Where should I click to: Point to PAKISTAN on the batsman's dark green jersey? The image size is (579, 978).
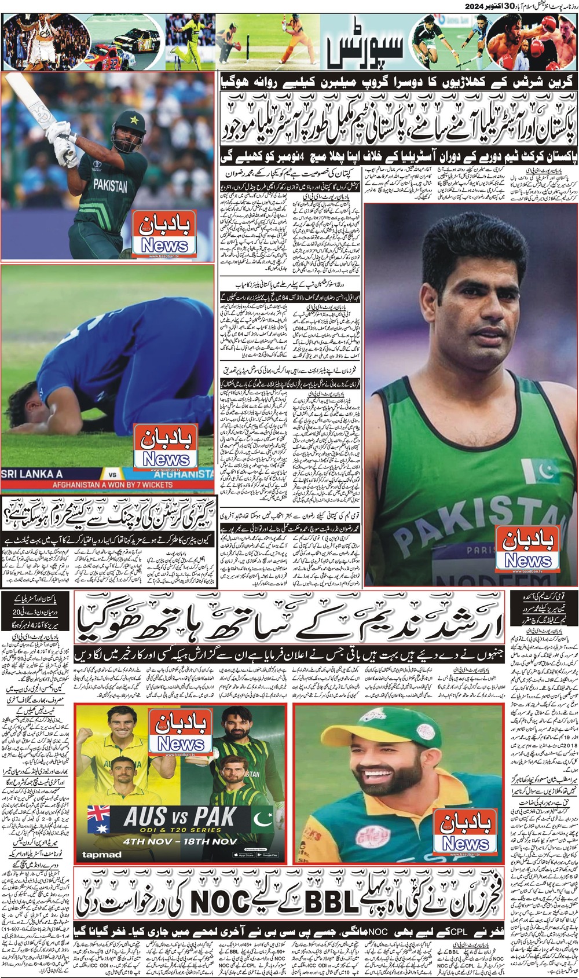pos(110,186)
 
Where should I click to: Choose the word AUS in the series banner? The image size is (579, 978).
pos(145,817)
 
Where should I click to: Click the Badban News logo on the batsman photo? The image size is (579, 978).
pos(165,235)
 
